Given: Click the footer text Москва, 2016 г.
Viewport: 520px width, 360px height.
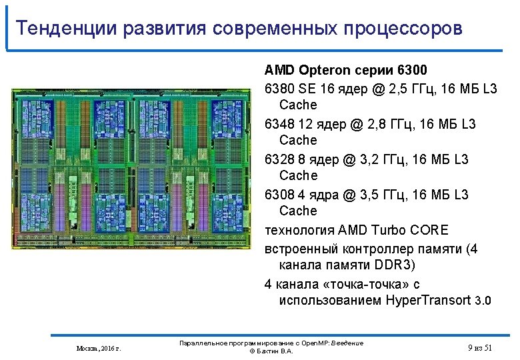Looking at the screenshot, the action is point(99,348).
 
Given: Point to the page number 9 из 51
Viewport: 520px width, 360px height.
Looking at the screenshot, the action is point(479,347).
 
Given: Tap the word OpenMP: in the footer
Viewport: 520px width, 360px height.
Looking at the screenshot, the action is point(313,343).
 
